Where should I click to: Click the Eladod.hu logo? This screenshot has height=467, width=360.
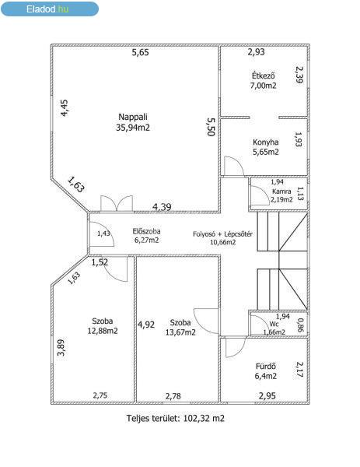coord(50,9)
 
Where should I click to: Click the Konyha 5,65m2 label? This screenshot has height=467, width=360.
coord(266,147)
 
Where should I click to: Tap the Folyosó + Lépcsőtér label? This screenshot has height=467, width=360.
coord(223,238)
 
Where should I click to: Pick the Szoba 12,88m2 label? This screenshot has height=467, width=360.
coord(103,326)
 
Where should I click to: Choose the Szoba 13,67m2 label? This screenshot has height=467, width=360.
coord(180,328)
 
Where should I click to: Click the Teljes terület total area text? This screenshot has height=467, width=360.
coord(176,418)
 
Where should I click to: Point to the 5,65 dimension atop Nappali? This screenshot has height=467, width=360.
coord(141,52)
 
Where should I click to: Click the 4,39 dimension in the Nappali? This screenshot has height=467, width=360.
coord(162,206)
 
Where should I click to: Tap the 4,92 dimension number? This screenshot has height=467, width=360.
coord(146,325)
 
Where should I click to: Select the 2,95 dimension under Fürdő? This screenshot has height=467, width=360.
coord(267,396)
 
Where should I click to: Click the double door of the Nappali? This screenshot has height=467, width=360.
coord(117,204)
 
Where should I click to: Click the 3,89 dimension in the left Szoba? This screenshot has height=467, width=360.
coord(61,348)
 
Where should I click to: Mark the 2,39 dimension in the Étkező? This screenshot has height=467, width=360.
coord(299,75)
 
